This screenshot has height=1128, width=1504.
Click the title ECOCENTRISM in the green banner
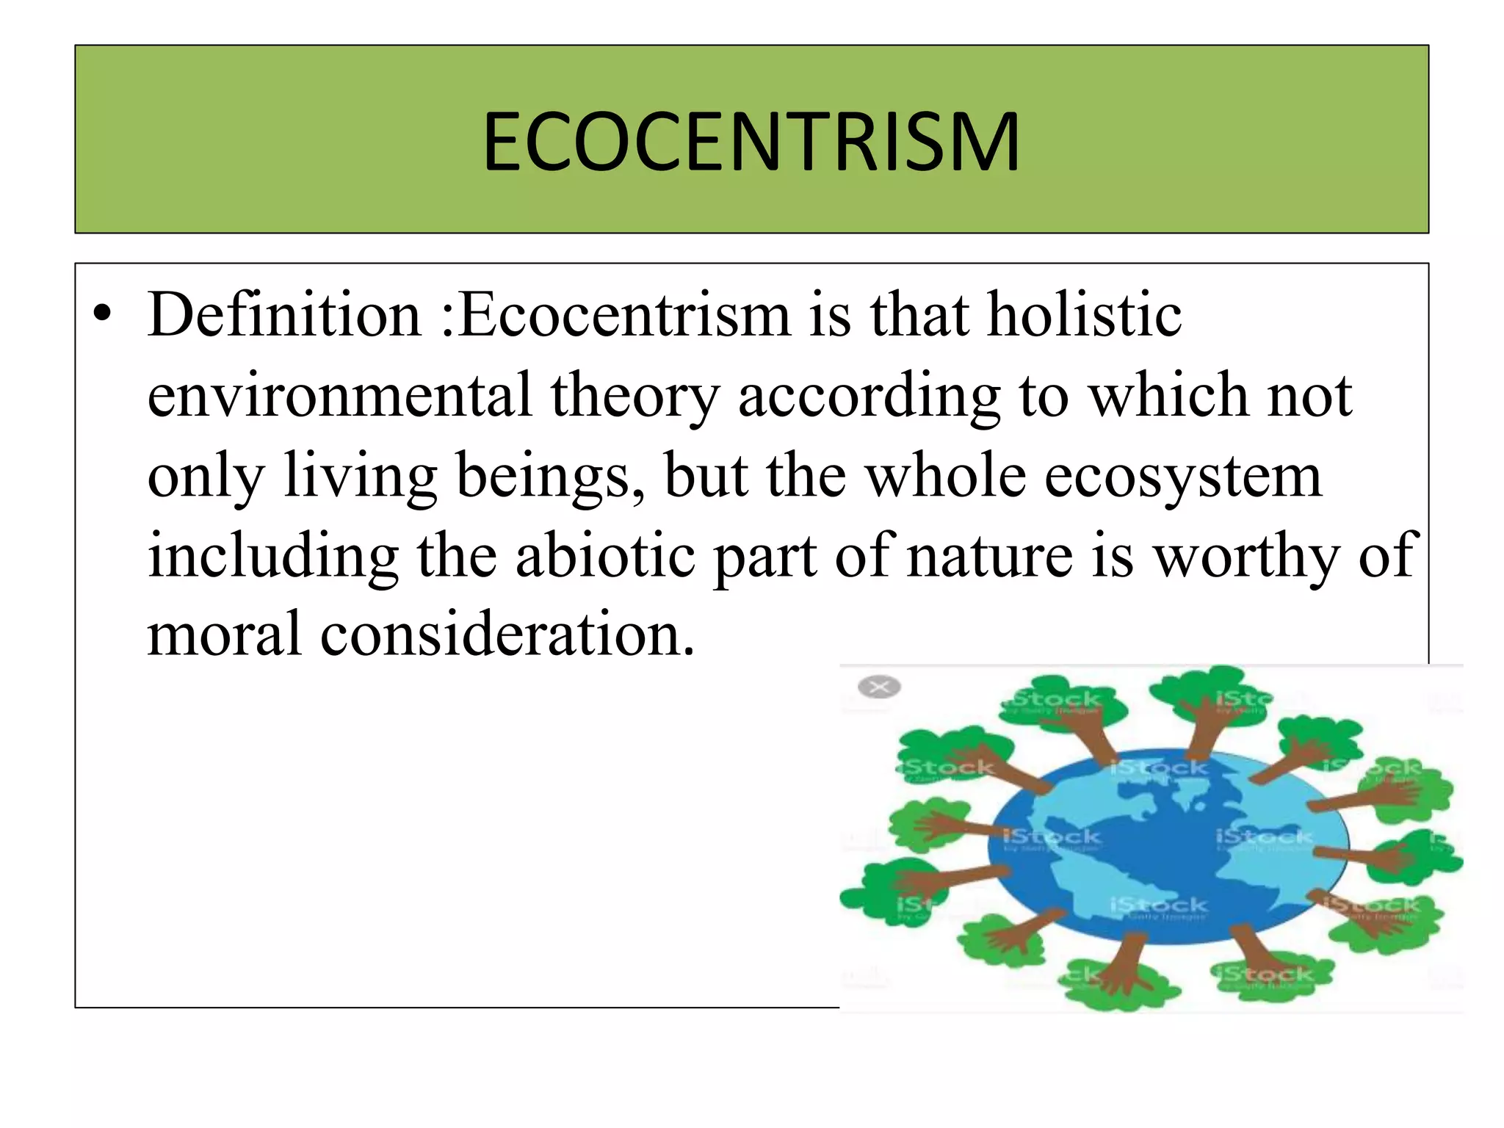[751, 141]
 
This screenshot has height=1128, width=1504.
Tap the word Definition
[284, 315]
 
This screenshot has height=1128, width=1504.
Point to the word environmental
[339, 396]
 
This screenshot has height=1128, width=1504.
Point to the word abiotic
[605, 556]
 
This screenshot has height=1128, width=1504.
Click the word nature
[989, 557]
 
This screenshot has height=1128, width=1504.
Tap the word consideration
[507, 634]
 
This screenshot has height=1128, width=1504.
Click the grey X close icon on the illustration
[879, 687]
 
